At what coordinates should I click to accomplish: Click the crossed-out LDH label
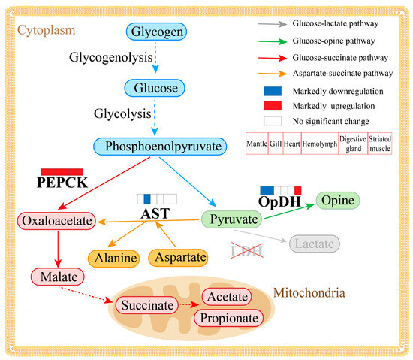point(248,248)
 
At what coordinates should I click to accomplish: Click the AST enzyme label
point(156,213)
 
